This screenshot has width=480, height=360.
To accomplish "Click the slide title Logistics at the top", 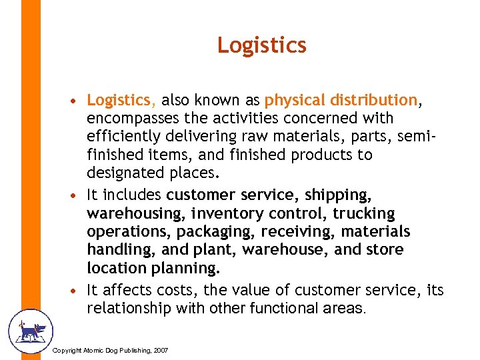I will (x=261, y=45).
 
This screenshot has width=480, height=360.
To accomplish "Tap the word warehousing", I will (x=136, y=213).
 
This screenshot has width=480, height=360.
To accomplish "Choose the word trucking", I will (x=364, y=213).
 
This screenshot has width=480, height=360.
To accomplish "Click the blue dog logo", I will (x=29, y=331).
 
